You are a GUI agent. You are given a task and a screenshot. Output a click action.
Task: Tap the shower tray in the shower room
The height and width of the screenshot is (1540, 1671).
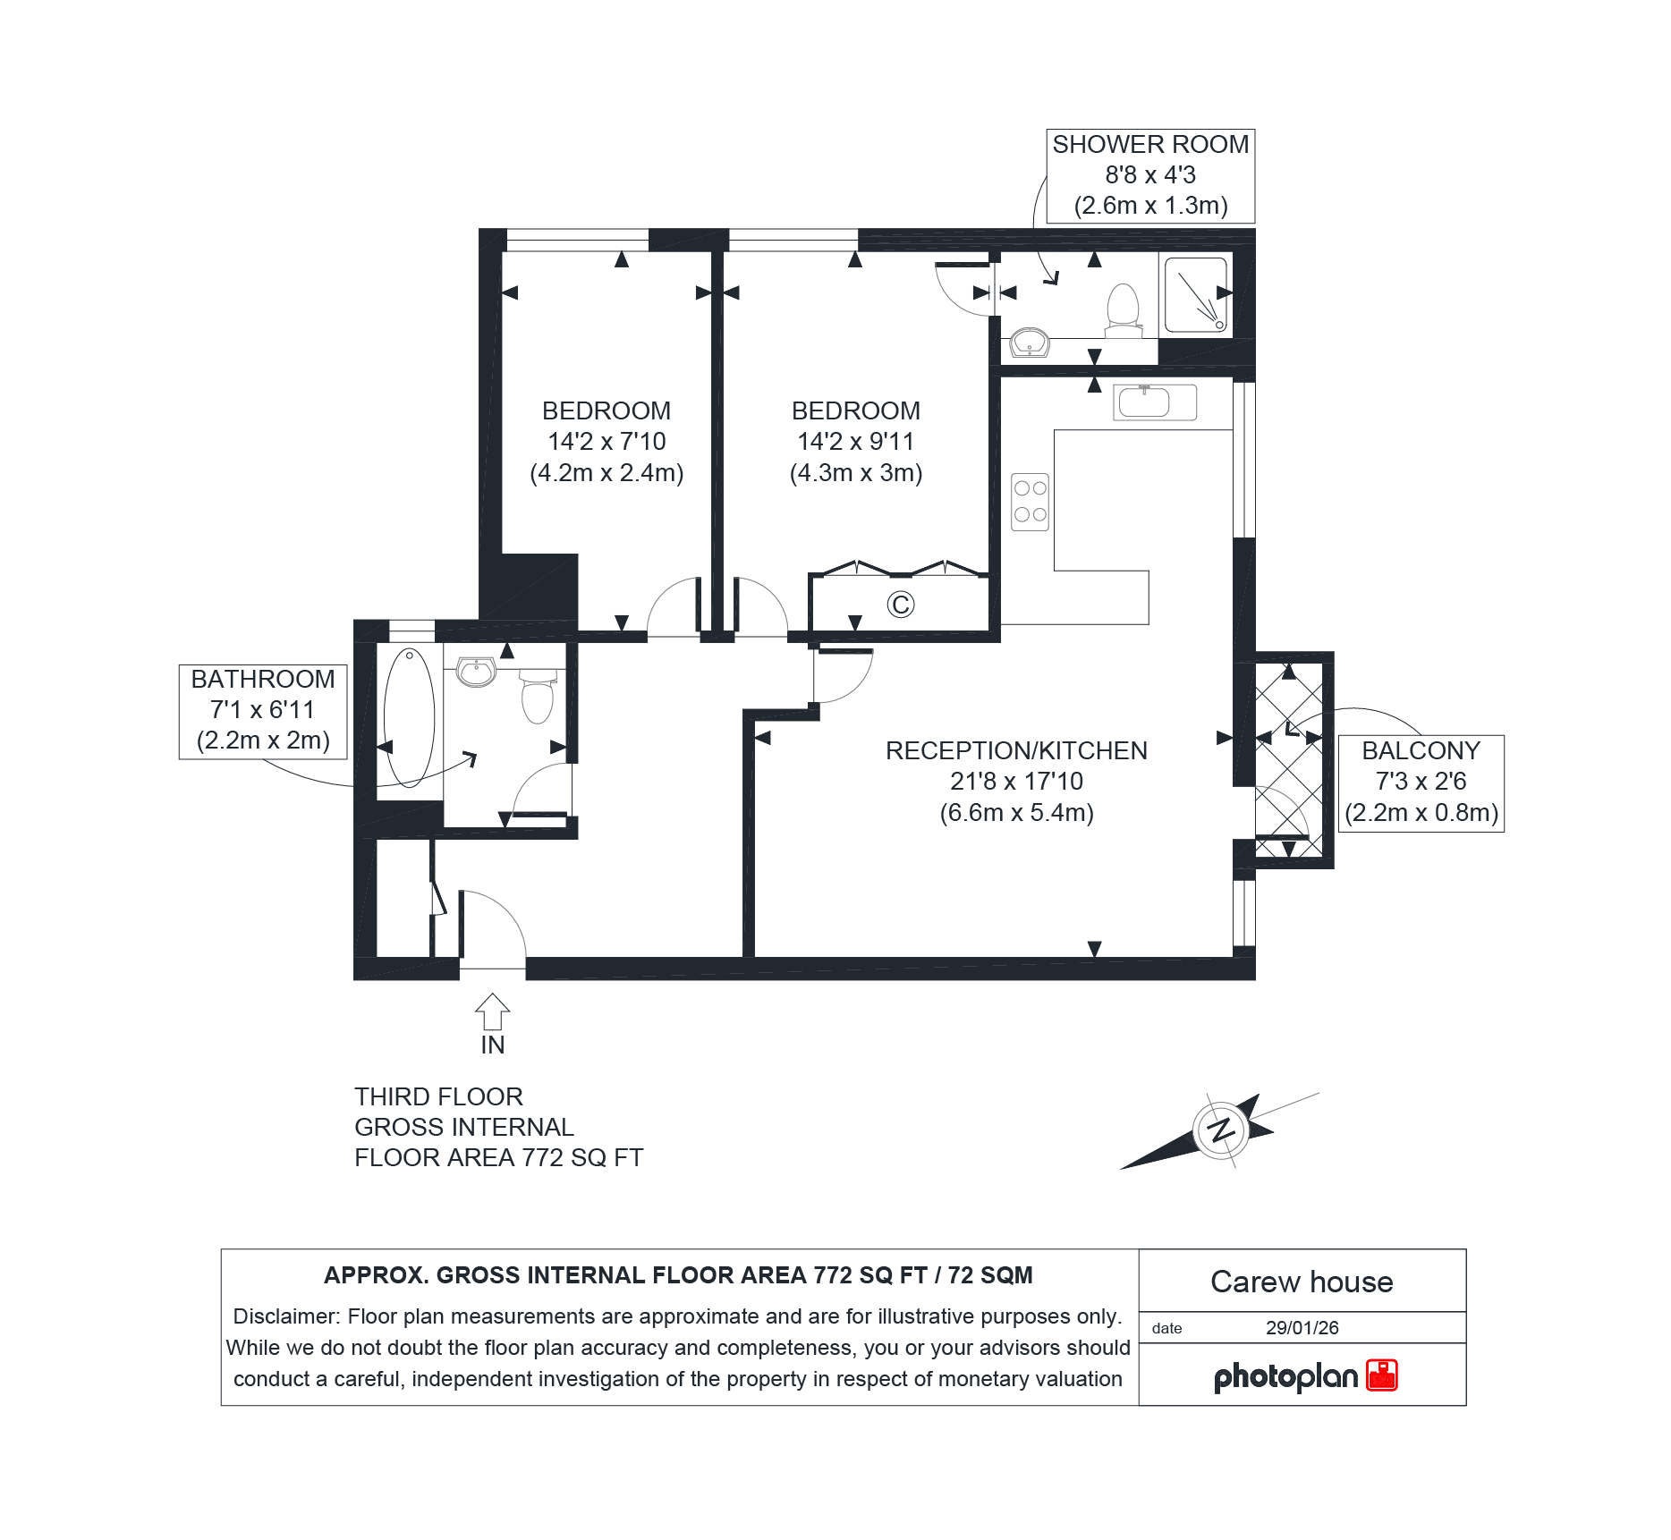(x=1196, y=295)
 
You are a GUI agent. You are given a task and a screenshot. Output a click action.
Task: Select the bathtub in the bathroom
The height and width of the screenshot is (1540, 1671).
(x=409, y=718)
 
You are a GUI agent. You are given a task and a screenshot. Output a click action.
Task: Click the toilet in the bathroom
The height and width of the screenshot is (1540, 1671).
(x=538, y=697)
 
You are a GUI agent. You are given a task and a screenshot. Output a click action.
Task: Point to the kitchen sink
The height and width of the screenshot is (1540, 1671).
(x=1155, y=402)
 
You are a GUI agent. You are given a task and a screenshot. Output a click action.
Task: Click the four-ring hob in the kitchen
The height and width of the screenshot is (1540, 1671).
(x=1030, y=502)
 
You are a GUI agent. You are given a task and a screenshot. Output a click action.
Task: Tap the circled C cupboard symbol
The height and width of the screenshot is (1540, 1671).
(x=901, y=605)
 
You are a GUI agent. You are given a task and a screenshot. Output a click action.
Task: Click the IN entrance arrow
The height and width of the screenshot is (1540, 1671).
(x=492, y=1012)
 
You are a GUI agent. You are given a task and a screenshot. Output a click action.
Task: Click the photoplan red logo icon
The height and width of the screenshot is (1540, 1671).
(x=1382, y=1375)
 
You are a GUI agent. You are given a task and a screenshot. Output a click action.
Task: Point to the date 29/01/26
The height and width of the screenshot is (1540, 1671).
(x=1302, y=1328)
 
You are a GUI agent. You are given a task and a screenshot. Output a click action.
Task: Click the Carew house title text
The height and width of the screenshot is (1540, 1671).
(x=1302, y=1282)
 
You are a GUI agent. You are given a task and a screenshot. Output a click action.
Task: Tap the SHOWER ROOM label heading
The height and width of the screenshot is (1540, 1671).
(x=1150, y=145)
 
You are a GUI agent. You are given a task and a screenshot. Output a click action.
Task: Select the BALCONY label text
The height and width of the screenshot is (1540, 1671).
(x=1421, y=751)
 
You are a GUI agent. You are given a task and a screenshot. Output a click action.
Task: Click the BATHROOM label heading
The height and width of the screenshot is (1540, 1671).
(x=263, y=680)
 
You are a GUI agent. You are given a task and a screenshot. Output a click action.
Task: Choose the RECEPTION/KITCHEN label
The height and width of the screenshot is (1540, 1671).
(x=1016, y=751)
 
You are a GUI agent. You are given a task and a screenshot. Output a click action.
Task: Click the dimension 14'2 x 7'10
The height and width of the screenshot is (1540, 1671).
(x=606, y=442)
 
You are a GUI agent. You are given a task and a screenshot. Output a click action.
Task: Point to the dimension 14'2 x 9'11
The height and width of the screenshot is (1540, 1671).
(x=856, y=442)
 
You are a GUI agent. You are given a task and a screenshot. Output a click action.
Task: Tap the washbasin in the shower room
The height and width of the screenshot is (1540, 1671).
(x=1030, y=343)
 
